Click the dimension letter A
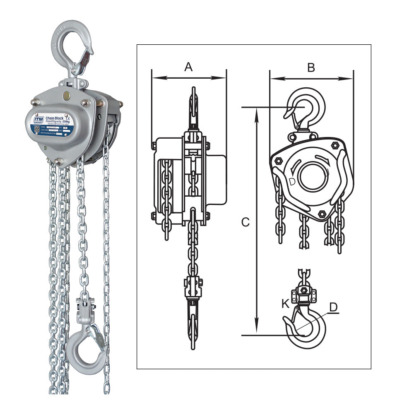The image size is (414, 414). pyautogui.click(x=188, y=66)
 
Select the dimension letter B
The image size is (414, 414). pyautogui.click(x=311, y=67)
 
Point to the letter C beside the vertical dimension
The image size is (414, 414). pyautogui.click(x=246, y=222)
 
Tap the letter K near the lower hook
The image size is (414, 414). pyautogui.click(x=285, y=303)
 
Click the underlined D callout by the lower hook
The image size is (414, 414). pyautogui.click(x=334, y=307)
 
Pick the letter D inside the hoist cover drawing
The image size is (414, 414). pyautogui.click(x=292, y=181)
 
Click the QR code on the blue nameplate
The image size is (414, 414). pyautogui.click(x=37, y=128)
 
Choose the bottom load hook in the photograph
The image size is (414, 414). pyautogui.click(x=86, y=348)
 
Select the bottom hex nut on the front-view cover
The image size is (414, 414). pyautogui.click(x=321, y=214)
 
